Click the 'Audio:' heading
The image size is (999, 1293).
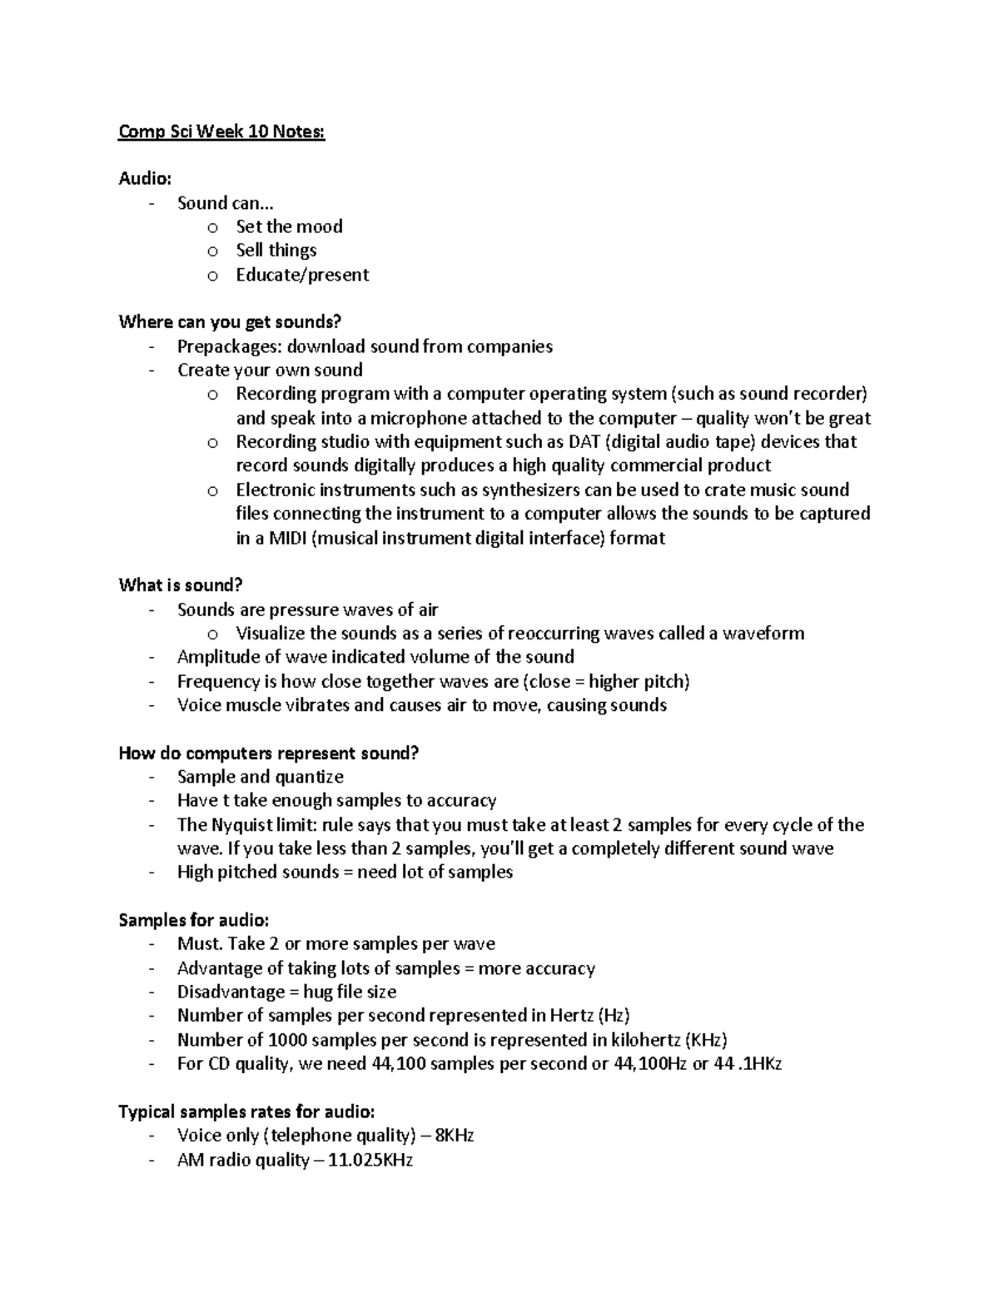[146, 178]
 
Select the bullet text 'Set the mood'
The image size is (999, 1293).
[289, 226]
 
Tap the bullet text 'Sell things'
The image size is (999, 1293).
[276, 250]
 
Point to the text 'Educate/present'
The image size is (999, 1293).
[302, 275]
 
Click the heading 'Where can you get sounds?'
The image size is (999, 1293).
[231, 322]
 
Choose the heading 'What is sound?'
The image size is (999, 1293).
[181, 585]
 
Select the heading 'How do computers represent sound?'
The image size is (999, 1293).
[269, 753]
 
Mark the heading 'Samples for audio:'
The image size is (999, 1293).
[194, 920]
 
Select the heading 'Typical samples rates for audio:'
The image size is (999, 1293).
[246, 1111]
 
